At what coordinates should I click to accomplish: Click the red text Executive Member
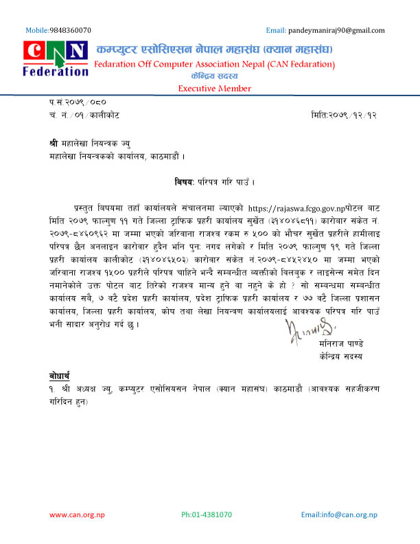point(214,89)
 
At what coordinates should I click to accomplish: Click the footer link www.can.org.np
point(77,514)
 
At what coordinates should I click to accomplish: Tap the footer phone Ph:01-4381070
point(207,514)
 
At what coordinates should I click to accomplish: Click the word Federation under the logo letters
point(55,70)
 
